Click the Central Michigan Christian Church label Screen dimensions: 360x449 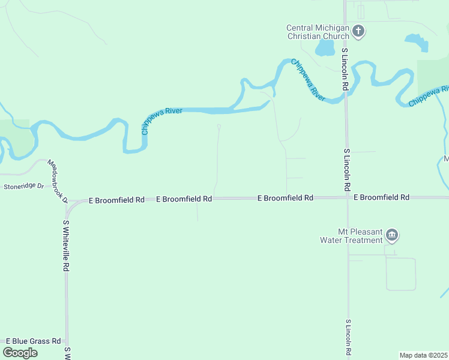click(318, 32)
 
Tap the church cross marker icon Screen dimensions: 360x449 click(358, 31)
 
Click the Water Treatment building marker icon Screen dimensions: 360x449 click(392, 235)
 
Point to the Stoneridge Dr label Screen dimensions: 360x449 click(24, 187)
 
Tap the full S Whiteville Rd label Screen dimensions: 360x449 click(67, 246)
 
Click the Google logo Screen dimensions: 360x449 click(20, 353)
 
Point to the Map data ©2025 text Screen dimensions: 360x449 click(423, 355)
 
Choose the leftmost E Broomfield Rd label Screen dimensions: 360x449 click(116, 199)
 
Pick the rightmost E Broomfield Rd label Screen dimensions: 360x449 click(381, 197)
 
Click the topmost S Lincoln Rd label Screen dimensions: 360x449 click(345, 69)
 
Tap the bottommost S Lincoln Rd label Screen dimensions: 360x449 click(348, 337)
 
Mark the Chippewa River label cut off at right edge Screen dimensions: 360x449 click(429, 97)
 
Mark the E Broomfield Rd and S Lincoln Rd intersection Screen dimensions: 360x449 click(348, 197)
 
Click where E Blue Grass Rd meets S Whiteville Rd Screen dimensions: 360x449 click(67, 341)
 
